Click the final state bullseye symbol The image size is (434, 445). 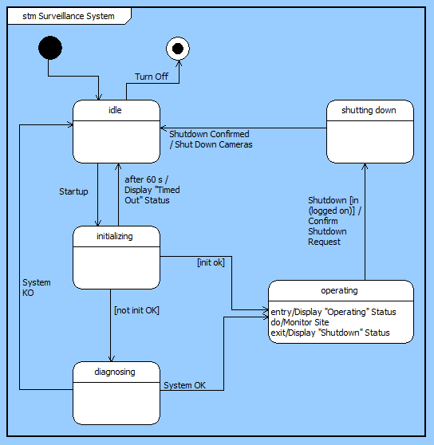click(x=177, y=49)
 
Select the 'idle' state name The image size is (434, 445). click(x=116, y=110)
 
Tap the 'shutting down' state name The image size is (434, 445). click(x=369, y=110)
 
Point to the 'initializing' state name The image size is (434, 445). click(x=116, y=236)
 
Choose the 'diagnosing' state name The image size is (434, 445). click(x=116, y=371)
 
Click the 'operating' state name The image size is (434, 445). click(x=340, y=290)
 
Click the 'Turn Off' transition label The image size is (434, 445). click(x=151, y=77)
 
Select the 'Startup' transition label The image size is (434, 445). click(x=73, y=191)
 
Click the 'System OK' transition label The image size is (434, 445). click(x=184, y=385)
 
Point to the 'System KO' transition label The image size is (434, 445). click(x=36, y=287)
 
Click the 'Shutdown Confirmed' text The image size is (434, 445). click(x=209, y=134)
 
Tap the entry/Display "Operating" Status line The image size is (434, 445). click(x=333, y=311)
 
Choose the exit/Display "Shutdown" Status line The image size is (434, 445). click(x=330, y=332)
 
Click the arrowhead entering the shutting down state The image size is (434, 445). click(x=365, y=167)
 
